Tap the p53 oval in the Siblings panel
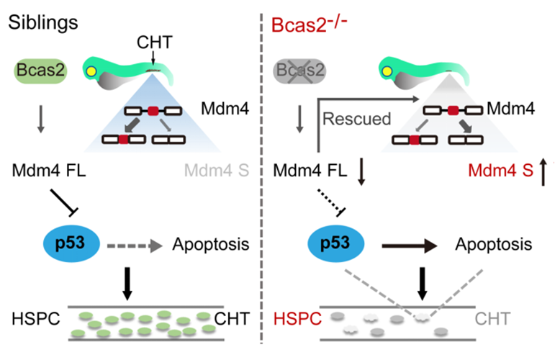click(68, 243)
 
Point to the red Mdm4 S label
click(495, 171)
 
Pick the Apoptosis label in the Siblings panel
click(211, 244)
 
